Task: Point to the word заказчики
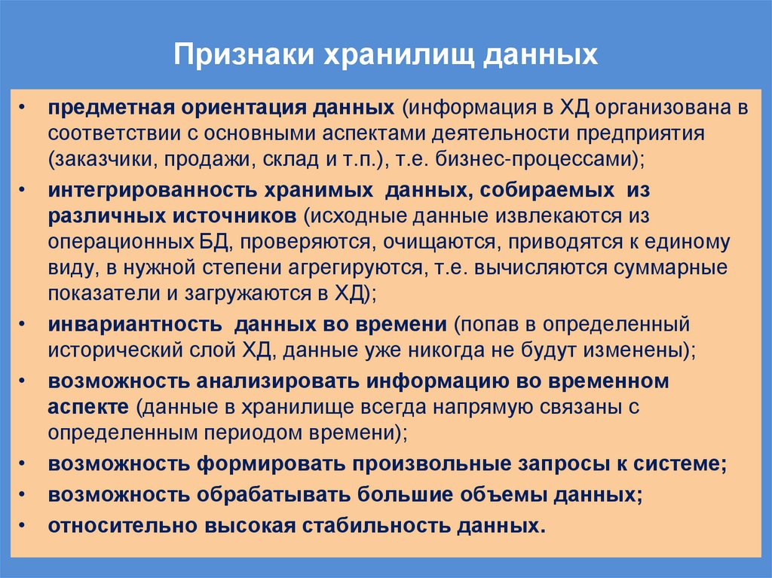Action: (x=106, y=159)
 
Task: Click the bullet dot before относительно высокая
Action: (x=26, y=524)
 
